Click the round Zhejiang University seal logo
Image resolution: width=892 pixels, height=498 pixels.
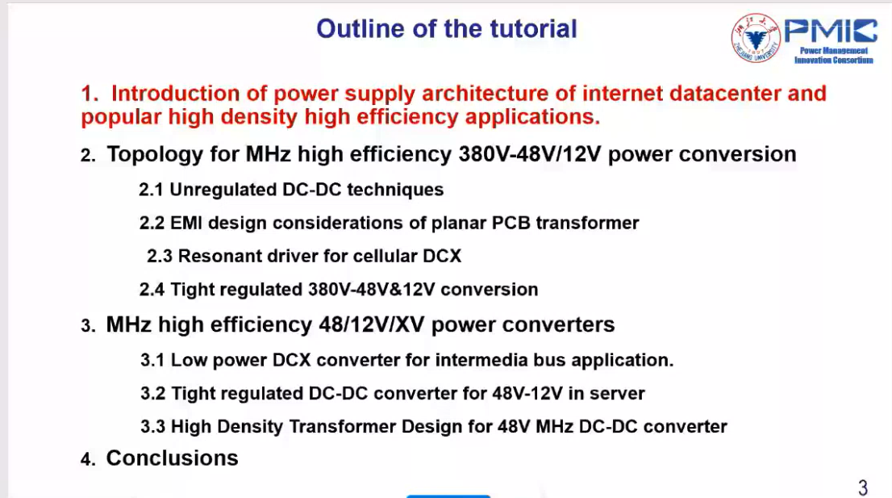click(756, 38)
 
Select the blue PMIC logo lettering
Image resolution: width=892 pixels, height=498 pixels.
click(832, 31)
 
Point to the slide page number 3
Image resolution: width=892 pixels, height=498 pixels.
click(863, 488)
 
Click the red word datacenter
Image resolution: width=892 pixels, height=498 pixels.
click(725, 94)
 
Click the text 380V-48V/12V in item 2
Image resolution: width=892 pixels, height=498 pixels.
click(530, 154)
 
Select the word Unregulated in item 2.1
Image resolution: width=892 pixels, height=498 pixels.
click(223, 190)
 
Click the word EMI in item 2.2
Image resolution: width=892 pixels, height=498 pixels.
click(186, 223)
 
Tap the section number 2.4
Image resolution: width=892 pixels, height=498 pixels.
click(152, 290)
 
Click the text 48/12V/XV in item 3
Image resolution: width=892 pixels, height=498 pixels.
click(372, 325)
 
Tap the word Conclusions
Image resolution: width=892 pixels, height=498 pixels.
click(172, 458)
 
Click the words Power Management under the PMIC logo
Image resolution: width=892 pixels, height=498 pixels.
click(833, 51)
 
